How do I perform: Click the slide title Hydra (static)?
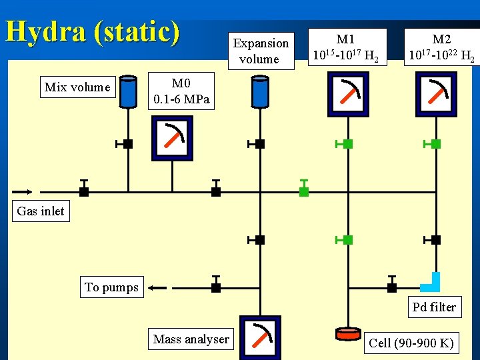(x=92, y=32)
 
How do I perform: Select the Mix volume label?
(x=77, y=87)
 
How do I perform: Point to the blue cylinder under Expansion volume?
(x=260, y=91)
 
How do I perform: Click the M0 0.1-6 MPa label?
(x=181, y=92)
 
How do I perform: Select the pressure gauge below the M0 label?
(x=173, y=139)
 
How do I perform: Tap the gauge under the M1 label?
(x=349, y=94)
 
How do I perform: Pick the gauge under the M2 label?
(x=436, y=94)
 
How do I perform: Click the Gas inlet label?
(x=41, y=211)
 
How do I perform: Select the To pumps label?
(x=112, y=287)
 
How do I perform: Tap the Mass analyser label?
(x=191, y=339)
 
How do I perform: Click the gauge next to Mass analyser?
(x=261, y=337)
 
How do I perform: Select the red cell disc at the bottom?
(x=347, y=333)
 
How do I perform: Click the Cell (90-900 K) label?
(x=412, y=343)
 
